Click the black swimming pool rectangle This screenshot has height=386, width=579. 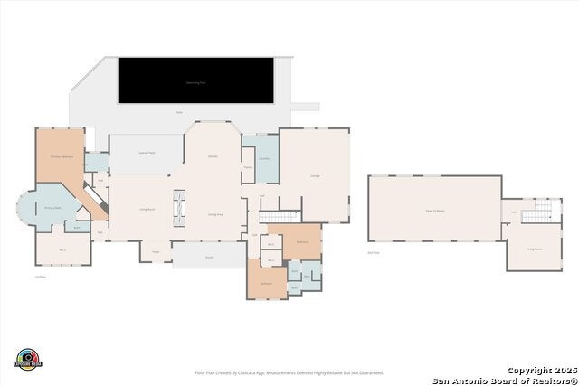coord(195,80)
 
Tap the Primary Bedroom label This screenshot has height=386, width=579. coord(61,156)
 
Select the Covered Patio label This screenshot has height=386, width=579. coord(147,153)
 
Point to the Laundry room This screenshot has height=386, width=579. coord(264,159)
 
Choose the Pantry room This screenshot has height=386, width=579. coord(248,167)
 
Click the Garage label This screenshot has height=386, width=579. coord(315,175)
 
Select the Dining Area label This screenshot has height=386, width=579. coord(216,214)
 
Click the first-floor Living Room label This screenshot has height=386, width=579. coord(144,209)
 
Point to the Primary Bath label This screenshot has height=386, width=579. coord(52,207)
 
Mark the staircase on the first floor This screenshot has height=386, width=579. coord(280,216)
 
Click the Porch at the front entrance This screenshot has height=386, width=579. coord(208,258)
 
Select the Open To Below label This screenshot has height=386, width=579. coord(434,210)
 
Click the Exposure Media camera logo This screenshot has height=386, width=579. coord(28,359)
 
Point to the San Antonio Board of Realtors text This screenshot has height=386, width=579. coord(505,380)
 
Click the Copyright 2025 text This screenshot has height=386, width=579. coord(540,370)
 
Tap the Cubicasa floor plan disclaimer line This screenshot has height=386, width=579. coord(289,372)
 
